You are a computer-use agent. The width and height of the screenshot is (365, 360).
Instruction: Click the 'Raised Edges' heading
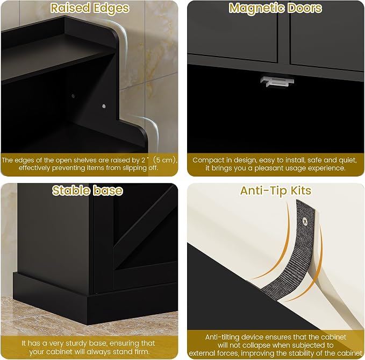pyautogui.click(x=90, y=8)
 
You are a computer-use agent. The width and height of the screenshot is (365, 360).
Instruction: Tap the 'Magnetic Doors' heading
pyautogui.click(x=275, y=8)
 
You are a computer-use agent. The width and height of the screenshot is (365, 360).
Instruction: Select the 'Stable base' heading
pyautogui.click(x=87, y=190)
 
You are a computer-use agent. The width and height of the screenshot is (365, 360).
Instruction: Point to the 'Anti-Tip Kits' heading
pyautogui.click(x=276, y=190)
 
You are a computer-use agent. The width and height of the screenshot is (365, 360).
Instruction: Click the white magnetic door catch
pyautogui.click(x=277, y=82)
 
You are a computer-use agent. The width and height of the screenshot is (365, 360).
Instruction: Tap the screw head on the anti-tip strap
pyautogui.click(x=305, y=221)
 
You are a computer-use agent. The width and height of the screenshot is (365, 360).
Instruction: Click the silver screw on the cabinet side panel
pyautogui.click(x=104, y=106)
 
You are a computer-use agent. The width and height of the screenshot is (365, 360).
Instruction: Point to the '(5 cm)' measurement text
pyautogui.click(x=165, y=160)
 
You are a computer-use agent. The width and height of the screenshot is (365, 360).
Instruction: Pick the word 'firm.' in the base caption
pyautogui.click(x=142, y=351)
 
